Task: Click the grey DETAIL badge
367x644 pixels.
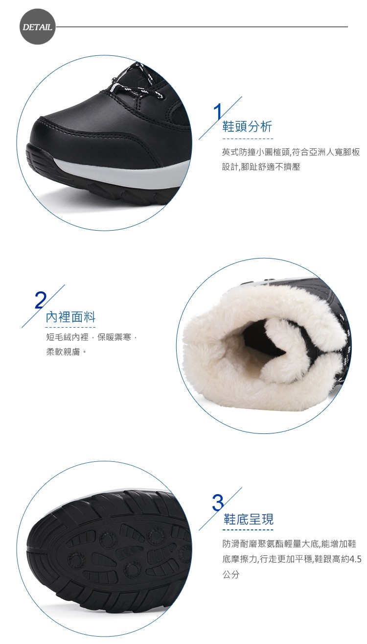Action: click(38, 27)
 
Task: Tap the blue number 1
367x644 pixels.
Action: click(218, 111)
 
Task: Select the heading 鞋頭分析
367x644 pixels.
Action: click(247, 126)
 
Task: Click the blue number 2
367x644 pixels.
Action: click(41, 300)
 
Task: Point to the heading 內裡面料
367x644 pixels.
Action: click(70, 317)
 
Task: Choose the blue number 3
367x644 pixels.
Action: click(218, 502)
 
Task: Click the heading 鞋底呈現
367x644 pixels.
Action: click(249, 519)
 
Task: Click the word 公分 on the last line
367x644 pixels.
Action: click(231, 575)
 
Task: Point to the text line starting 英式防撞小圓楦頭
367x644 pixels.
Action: click(291, 152)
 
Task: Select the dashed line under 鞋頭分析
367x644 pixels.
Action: click(248, 139)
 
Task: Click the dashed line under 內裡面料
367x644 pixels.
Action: click(70, 327)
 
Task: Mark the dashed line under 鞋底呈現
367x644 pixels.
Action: click(249, 529)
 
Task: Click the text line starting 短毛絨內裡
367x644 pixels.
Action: click(92, 337)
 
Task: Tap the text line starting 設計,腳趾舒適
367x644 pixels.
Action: click(261, 167)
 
